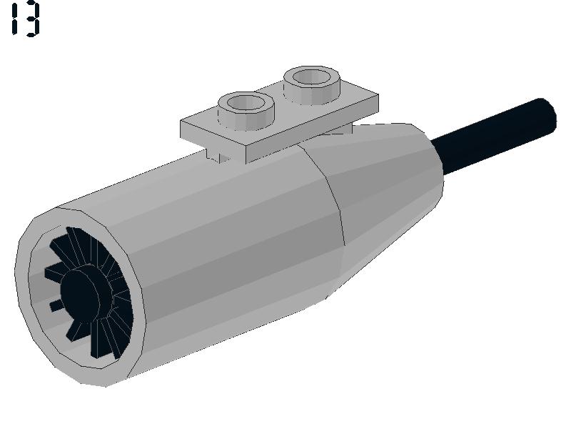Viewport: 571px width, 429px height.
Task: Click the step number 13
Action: coord(25,20)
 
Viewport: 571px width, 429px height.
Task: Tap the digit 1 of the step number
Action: coord(14,20)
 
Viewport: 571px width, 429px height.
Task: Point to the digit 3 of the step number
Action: coord(32,20)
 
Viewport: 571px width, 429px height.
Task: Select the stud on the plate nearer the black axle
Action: coord(312,84)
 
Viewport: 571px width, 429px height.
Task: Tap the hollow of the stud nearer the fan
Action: coord(246,102)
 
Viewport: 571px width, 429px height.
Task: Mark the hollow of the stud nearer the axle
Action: coord(312,77)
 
